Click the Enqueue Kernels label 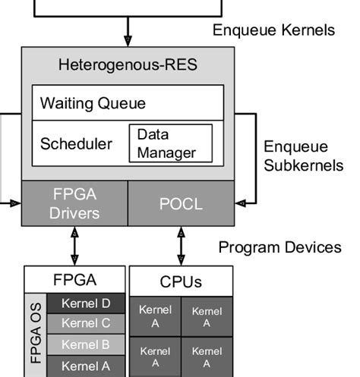tap(273, 30)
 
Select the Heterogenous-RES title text tap(128, 64)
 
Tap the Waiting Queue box tap(128, 102)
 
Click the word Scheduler tap(76, 143)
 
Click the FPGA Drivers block tap(74, 203)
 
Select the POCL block tap(180, 203)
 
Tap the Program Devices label tap(279, 247)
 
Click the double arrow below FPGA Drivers tap(74, 245)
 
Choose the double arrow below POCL tap(181, 245)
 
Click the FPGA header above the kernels tap(74, 278)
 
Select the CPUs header tap(181, 281)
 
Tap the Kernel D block tap(85, 304)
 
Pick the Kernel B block tap(85, 344)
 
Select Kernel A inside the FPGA tap(85, 366)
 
